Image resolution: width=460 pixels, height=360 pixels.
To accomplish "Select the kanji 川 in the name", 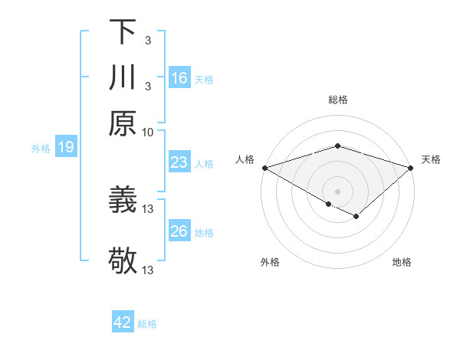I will [123, 78].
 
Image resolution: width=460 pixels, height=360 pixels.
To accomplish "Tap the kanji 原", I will [123, 123].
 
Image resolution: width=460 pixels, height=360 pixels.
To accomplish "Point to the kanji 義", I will [123, 201].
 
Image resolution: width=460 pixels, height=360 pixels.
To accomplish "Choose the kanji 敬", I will [123, 260].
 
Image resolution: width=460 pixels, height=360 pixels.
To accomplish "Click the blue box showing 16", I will [179, 77].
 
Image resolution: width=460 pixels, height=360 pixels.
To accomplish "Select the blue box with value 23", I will [179, 162].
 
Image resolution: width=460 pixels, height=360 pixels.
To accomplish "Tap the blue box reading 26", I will [179, 231].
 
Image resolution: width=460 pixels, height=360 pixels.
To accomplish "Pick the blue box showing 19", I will [66, 147].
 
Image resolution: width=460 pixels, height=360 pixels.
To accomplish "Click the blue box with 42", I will [123, 322].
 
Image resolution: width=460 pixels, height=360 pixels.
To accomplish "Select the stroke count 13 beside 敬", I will [148, 270].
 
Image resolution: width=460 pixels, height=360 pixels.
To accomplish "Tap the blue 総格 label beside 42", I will [148, 324].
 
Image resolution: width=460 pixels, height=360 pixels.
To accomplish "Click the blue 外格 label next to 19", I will [40, 149].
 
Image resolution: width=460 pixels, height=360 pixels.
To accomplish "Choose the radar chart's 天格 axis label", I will [431, 159].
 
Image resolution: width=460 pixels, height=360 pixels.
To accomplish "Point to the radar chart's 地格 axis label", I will [402, 262].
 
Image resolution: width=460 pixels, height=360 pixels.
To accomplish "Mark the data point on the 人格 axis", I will [264, 168].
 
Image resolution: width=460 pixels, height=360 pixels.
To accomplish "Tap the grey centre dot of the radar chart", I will [337, 191].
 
